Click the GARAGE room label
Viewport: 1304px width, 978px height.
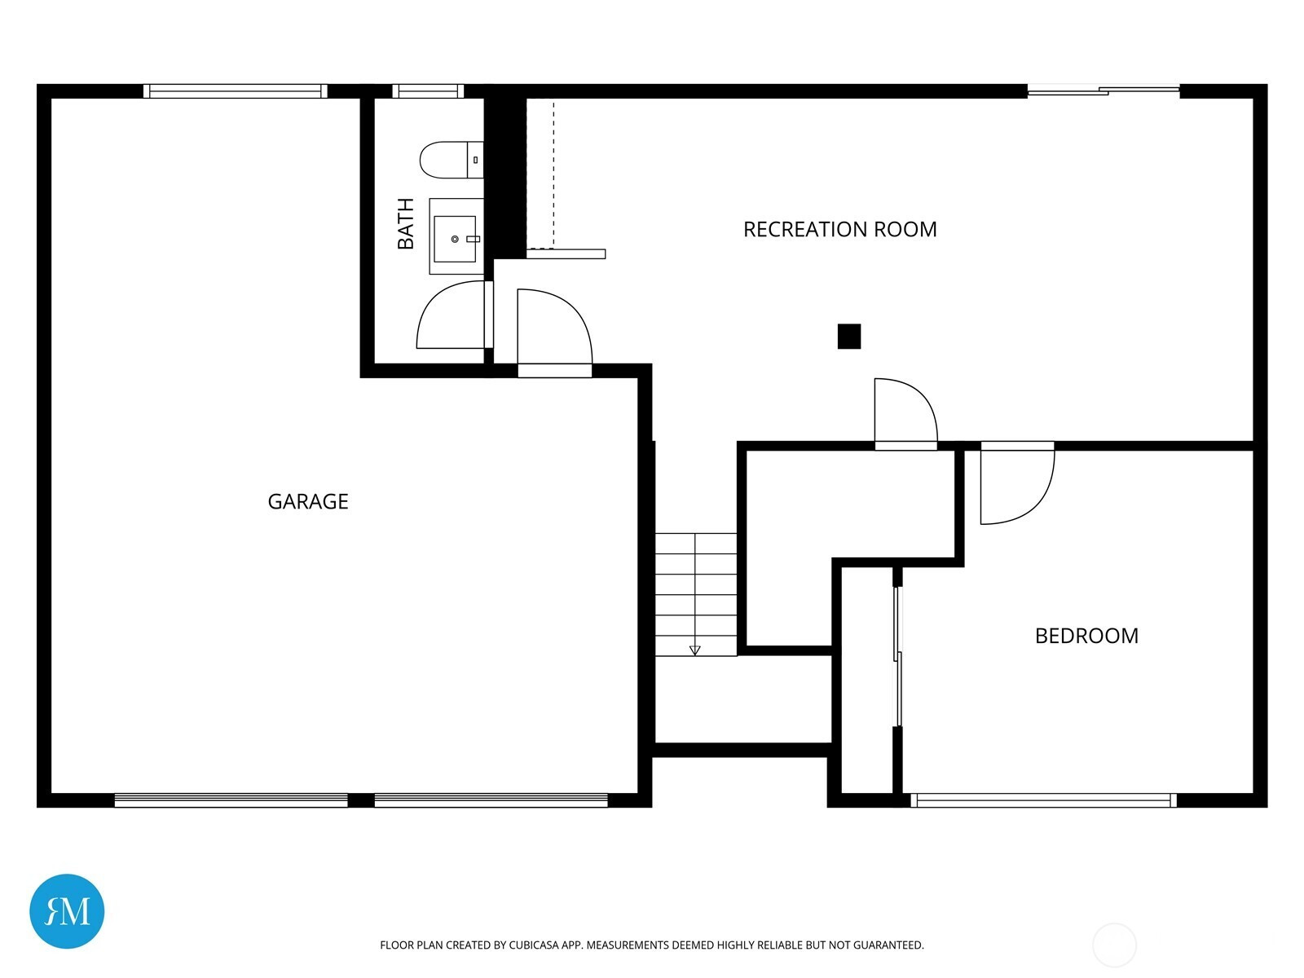tap(308, 502)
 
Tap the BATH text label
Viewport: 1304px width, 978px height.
tap(406, 224)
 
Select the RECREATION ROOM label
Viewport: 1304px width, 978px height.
tap(839, 229)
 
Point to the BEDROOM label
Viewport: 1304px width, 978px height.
tap(1086, 636)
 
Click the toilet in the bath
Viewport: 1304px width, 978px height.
tap(452, 160)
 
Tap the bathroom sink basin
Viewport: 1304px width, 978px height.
tap(456, 239)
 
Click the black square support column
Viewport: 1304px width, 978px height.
tap(849, 336)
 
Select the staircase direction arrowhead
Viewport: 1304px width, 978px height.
tap(694, 651)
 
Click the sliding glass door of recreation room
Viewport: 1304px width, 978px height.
tap(1104, 90)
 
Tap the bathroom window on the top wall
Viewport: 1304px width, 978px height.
tap(428, 90)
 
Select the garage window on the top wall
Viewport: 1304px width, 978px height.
tap(236, 90)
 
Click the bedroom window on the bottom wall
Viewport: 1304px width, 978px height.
tap(1043, 800)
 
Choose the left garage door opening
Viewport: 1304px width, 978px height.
tap(231, 800)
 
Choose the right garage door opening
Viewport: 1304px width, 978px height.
tap(491, 800)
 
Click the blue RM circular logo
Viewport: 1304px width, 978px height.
tap(67, 911)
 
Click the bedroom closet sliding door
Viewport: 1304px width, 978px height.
tap(898, 656)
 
